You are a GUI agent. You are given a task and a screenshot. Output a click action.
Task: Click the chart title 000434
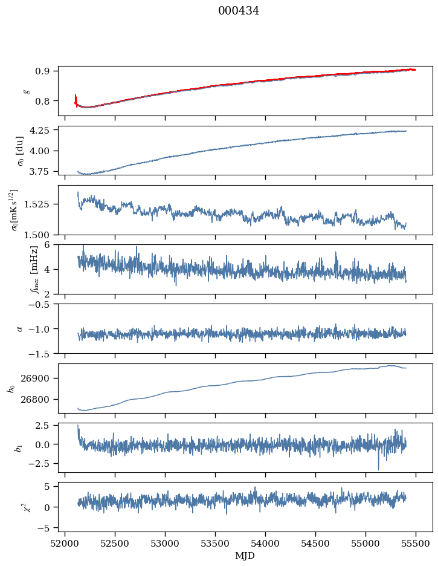tap(239, 11)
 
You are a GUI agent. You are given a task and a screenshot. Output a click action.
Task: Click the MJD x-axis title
tap(245, 556)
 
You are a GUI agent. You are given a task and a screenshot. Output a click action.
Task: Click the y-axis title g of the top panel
tap(25, 91)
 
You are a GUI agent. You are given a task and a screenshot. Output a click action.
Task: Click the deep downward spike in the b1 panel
tap(379, 469)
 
